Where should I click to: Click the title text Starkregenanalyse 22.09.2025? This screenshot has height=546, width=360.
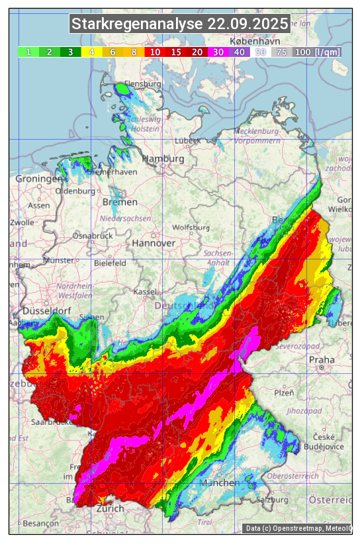coord(180,24)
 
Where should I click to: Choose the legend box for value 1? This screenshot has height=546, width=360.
coord(28,52)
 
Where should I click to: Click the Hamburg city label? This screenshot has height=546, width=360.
coord(163,159)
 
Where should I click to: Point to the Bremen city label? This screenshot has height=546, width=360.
coord(120,202)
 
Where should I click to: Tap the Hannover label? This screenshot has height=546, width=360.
coord(154,244)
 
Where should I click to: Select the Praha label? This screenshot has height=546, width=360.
coord(322,359)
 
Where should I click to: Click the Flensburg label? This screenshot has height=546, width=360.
coord(143,85)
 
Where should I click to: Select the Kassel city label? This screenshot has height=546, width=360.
coord(145,292)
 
